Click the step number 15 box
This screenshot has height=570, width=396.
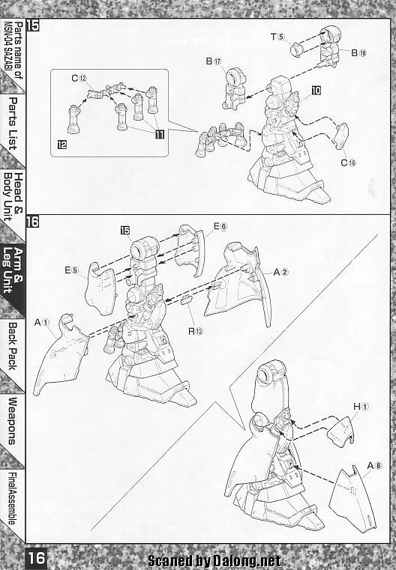click(32, 25)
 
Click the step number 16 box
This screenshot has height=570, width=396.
click(32, 222)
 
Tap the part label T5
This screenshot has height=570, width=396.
click(277, 37)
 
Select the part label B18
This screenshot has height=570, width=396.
click(358, 52)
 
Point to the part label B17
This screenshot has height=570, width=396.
click(214, 61)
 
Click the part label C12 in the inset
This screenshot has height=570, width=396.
click(79, 78)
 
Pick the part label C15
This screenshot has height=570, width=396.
click(348, 163)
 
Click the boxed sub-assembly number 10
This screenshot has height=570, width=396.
click(316, 90)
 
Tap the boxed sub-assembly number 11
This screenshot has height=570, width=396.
click(160, 135)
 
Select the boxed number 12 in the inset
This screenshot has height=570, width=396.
click(62, 145)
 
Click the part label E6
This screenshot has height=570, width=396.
click(220, 226)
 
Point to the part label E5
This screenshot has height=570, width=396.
click(72, 270)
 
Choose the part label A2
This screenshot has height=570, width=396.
click(280, 272)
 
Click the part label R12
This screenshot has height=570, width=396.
click(196, 331)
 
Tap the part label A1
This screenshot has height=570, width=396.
click(42, 322)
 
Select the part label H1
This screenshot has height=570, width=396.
click(361, 407)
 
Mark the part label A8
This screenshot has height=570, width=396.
click(375, 466)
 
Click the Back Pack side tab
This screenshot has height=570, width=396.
click(13, 346)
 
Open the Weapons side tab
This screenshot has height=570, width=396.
click(13, 421)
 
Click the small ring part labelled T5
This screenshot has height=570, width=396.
click(298, 49)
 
